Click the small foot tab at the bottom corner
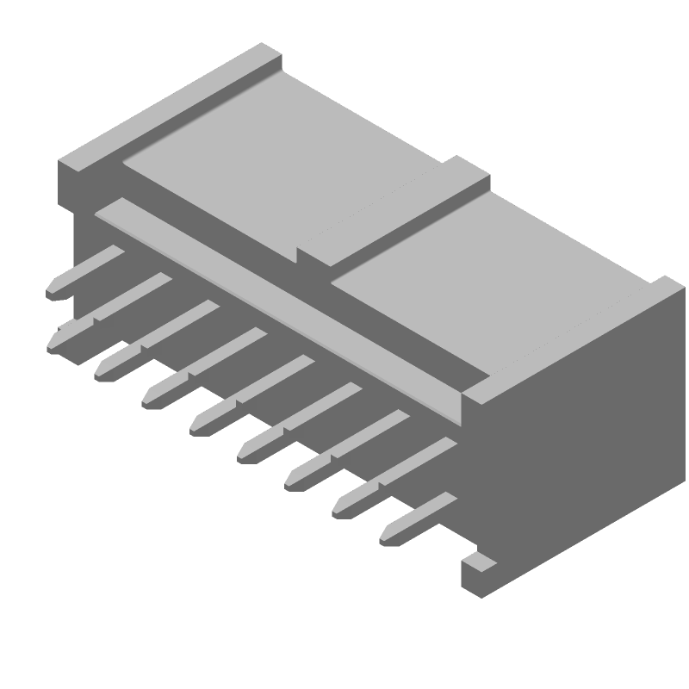(x=477, y=565)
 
